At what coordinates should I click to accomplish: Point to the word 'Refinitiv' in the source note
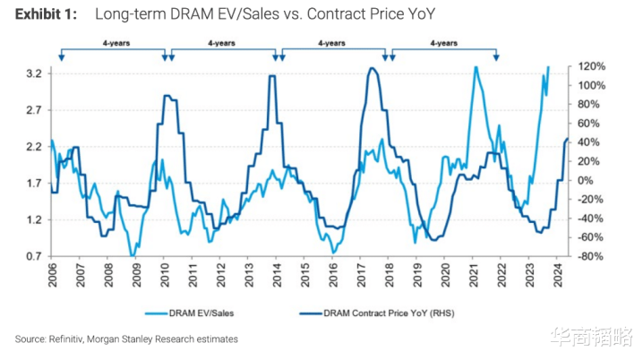coord(74,339)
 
